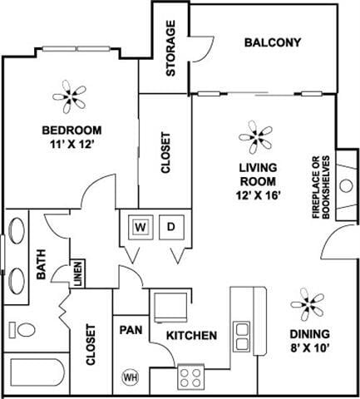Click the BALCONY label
(273, 42)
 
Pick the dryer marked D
(170, 226)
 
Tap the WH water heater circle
(130, 375)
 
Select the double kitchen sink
(243, 336)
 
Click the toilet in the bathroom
(22, 329)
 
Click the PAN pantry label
(130, 330)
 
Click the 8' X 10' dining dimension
(309, 350)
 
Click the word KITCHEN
(192, 336)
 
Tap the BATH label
(41, 272)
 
